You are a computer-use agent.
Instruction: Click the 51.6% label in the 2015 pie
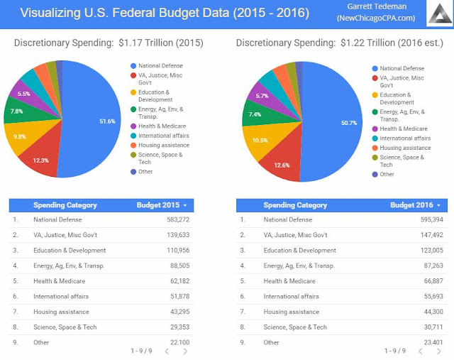click(107, 121)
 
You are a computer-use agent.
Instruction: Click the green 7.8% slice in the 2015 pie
click(16, 111)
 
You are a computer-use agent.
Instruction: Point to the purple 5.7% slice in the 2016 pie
click(262, 96)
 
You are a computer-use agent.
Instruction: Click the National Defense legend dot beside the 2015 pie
click(133, 66)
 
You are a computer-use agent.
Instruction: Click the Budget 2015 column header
click(163, 205)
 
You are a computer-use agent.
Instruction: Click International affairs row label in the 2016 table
click(291, 296)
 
